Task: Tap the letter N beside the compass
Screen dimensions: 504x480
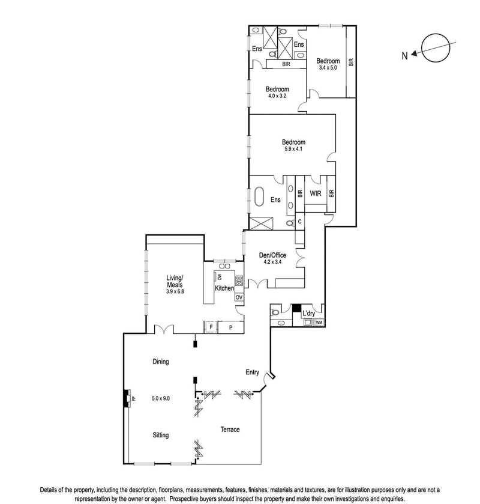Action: coord(405,56)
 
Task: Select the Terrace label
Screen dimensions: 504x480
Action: coord(229,430)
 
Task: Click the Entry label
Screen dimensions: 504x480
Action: coord(252,372)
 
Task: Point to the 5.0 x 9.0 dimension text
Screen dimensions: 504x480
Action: coord(161,398)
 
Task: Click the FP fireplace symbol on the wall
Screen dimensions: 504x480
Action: coord(127,398)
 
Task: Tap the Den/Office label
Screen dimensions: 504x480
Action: coord(274,255)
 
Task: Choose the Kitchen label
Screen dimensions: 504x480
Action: coord(224,288)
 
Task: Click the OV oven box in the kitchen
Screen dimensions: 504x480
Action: coord(239,297)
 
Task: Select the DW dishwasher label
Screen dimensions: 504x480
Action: coord(220,277)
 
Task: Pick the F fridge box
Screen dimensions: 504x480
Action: coord(211,327)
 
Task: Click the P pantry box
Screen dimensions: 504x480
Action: coord(231,327)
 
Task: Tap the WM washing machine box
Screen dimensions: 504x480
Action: coord(319,323)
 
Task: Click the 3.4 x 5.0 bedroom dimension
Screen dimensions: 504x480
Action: coord(328,68)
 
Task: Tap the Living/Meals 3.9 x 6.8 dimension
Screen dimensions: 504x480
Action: coord(175,291)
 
